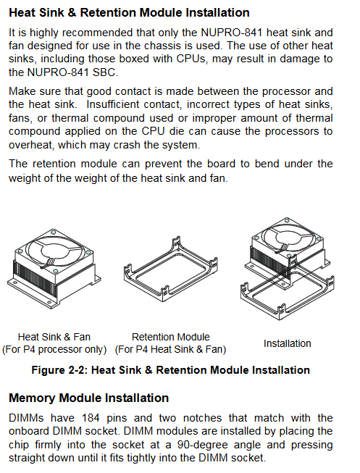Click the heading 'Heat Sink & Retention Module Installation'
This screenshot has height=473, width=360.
[x=129, y=12]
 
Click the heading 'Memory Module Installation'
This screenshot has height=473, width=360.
[x=88, y=398]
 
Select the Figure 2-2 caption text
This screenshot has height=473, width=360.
[x=170, y=370]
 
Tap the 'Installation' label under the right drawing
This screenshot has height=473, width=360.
[x=288, y=343]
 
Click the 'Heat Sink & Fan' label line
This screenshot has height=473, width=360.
[x=54, y=337]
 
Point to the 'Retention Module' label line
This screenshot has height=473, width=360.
[x=171, y=337]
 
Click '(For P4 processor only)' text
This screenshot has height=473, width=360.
[x=54, y=349]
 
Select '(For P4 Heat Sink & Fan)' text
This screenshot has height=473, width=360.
[x=170, y=349]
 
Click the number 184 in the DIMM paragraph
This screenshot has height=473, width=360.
[x=91, y=418]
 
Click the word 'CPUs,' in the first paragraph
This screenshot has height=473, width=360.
[x=191, y=59]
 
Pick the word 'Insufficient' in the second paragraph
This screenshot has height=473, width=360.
[x=112, y=104]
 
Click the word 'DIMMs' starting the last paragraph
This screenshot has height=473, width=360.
[x=26, y=418]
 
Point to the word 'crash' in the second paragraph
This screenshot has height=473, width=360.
[x=127, y=145]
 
